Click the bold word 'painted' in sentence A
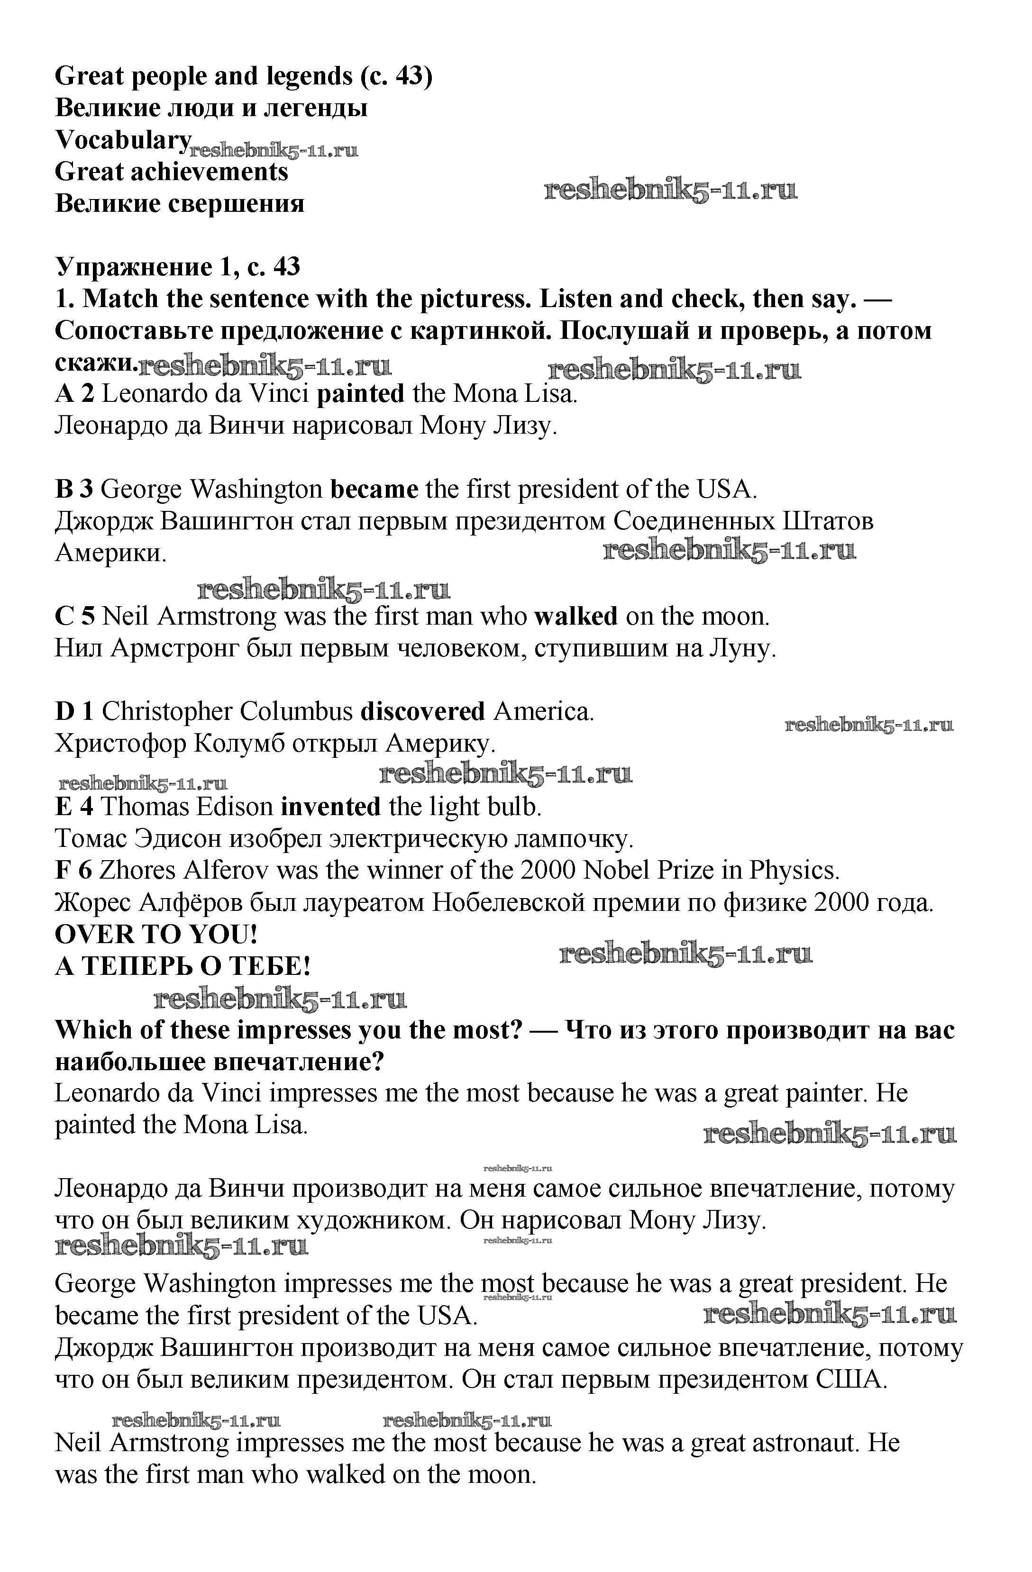[360, 394]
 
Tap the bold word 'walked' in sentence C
[575, 616]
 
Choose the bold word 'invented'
[330, 807]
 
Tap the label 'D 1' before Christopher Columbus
[74, 711]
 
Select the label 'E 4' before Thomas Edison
[73, 807]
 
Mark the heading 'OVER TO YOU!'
[156, 934]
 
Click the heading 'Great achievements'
[172, 172]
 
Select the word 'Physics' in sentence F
[794, 871]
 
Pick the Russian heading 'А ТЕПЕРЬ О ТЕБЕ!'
[183, 966]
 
